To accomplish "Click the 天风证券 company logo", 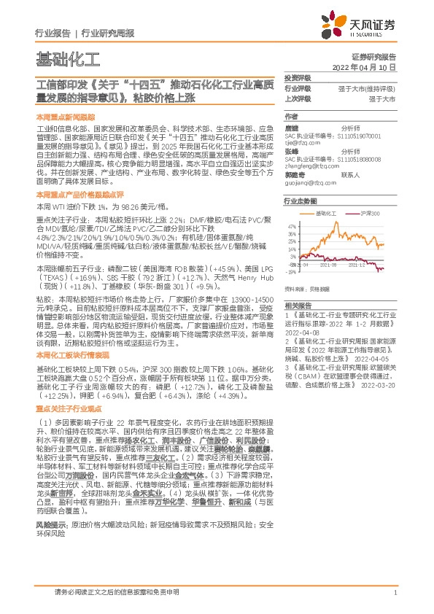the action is tap(364, 26).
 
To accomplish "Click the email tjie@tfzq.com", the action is tap(302, 144).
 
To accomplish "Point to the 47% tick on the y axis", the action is tap(292, 227).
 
